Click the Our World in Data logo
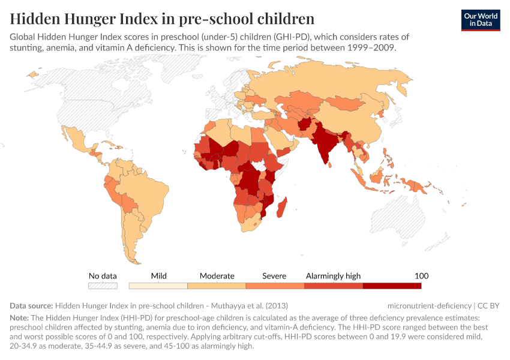pyautogui.click(x=481, y=20)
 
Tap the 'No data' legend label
pyautogui.click(x=103, y=275)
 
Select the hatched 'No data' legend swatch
pyautogui.click(x=103, y=286)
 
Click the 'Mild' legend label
pyautogui.click(x=159, y=275)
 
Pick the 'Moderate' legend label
pyautogui.click(x=217, y=275)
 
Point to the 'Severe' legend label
pyautogui.click(x=274, y=275)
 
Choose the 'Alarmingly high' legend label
pyautogui.click(x=333, y=275)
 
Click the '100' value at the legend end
pyautogui.click(x=422, y=275)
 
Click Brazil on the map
pyautogui.click(x=143, y=192)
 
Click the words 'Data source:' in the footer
pyautogui.click(x=31, y=305)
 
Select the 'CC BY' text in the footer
pyautogui.click(x=488, y=305)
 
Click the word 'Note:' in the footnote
pyautogui.click(x=22, y=317)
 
